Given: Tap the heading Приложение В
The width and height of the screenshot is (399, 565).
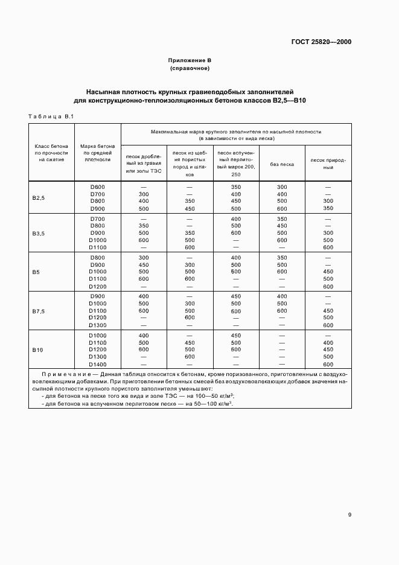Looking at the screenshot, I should [x=190, y=60].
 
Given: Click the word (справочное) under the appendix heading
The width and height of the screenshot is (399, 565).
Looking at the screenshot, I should [x=190, y=68].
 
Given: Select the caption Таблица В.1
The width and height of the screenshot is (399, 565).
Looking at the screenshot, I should [x=51, y=116].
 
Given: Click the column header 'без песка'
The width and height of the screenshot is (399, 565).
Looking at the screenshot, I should [x=282, y=164].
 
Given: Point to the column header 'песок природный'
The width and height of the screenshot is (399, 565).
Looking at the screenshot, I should [x=328, y=164].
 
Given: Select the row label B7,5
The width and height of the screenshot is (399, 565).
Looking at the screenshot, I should [x=39, y=311].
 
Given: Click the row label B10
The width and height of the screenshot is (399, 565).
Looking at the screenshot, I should [x=37, y=350].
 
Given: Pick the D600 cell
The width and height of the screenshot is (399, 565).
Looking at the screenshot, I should [x=97, y=187].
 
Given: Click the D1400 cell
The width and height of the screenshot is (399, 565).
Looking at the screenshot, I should [x=97, y=365].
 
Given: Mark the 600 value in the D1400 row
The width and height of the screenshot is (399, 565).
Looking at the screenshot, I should [x=328, y=365].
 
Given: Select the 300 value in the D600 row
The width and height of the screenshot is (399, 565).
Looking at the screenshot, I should [x=282, y=187].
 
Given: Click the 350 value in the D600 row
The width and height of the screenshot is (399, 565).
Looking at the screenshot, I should [x=236, y=187].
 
